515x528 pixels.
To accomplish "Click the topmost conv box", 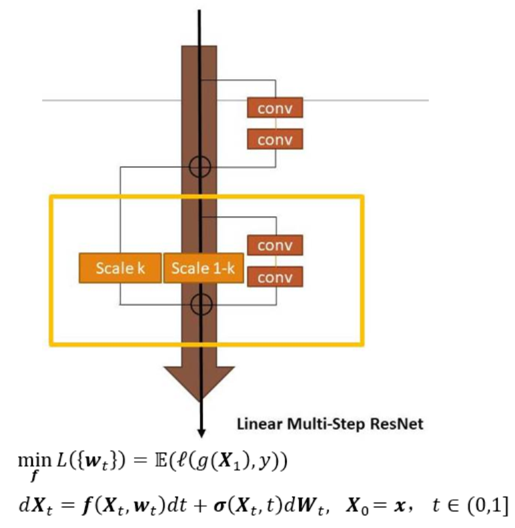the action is pyautogui.click(x=275, y=108).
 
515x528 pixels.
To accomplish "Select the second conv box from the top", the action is pyautogui.click(x=275, y=139).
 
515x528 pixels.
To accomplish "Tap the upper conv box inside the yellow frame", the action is pyautogui.click(x=275, y=245).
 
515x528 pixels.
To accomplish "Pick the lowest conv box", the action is pyautogui.click(x=275, y=277).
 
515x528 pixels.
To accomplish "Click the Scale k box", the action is pyautogui.click(x=120, y=268).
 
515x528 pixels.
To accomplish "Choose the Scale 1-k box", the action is pyautogui.click(x=203, y=268).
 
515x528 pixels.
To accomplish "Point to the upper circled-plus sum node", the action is pyautogui.click(x=200, y=167).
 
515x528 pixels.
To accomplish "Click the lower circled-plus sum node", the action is pyautogui.click(x=201, y=305).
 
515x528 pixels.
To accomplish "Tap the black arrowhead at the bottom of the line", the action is pyautogui.click(x=201, y=433).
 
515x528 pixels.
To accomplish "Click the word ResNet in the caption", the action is pyautogui.click(x=396, y=423).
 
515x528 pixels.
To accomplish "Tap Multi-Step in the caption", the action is pyautogui.click(x=326, y=424).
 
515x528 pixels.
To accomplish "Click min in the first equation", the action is pyautogui.click(x=35, y=460).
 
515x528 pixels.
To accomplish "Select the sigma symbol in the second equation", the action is pyautogui.click(x=220, y=507).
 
